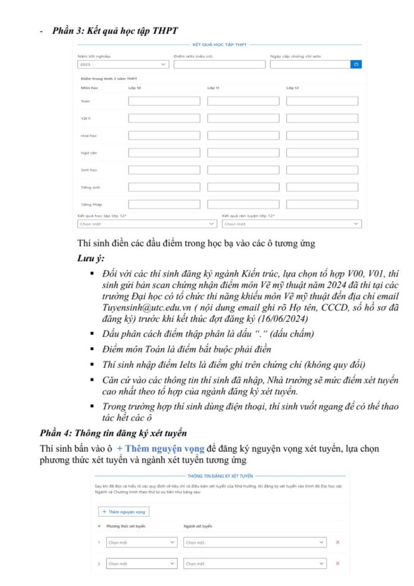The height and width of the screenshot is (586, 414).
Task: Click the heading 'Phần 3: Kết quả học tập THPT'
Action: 115,31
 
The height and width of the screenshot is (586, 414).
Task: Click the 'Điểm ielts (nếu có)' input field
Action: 220,64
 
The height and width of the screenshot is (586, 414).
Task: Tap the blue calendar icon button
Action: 356,64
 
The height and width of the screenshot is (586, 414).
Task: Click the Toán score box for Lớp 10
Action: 164,101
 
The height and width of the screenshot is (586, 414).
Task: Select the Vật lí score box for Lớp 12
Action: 322,119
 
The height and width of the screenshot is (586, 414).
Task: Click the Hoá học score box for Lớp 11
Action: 243,136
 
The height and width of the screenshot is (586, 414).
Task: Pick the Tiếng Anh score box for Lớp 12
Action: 322,187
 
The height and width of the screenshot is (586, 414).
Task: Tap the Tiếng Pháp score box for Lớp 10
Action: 164,204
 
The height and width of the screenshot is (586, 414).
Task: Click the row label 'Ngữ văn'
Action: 86,153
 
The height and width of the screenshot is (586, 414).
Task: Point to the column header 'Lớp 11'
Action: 213,88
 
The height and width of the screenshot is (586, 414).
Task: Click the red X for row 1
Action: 337,542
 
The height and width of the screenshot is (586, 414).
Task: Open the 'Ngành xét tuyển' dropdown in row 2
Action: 255,563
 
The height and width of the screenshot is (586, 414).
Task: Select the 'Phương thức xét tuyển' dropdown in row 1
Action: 141,542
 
